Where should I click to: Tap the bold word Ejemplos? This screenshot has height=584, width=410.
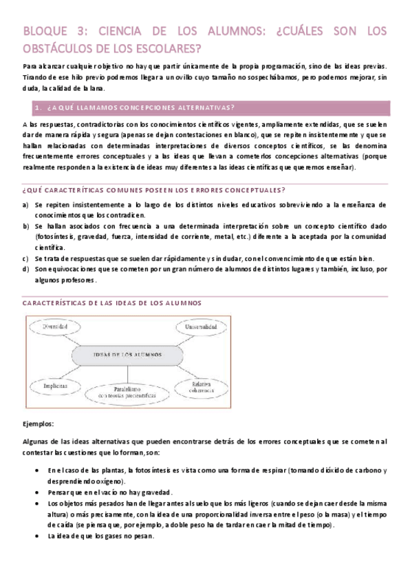39,424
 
